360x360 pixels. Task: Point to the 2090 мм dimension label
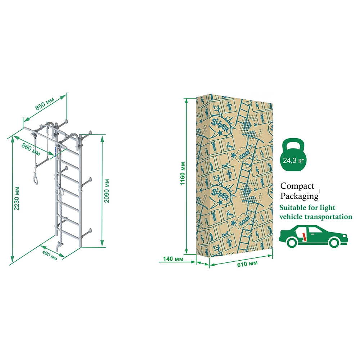pyautogui.click(x=107, y=190)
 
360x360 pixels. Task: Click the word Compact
pyautogui.click(x=297, y=186)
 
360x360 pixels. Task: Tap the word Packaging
pyautogui.click(x=300, y=196)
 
